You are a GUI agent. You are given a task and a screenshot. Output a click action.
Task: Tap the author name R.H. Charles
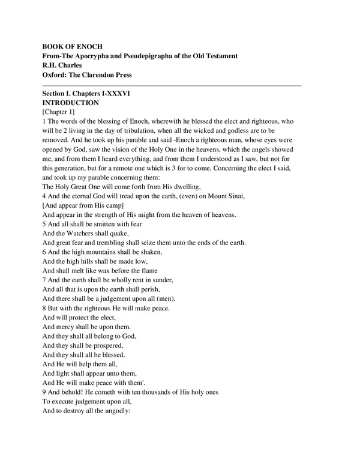63,65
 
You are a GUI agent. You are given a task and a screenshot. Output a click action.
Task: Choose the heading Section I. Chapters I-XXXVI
87,95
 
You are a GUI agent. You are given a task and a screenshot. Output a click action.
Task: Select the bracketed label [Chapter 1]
59,113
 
